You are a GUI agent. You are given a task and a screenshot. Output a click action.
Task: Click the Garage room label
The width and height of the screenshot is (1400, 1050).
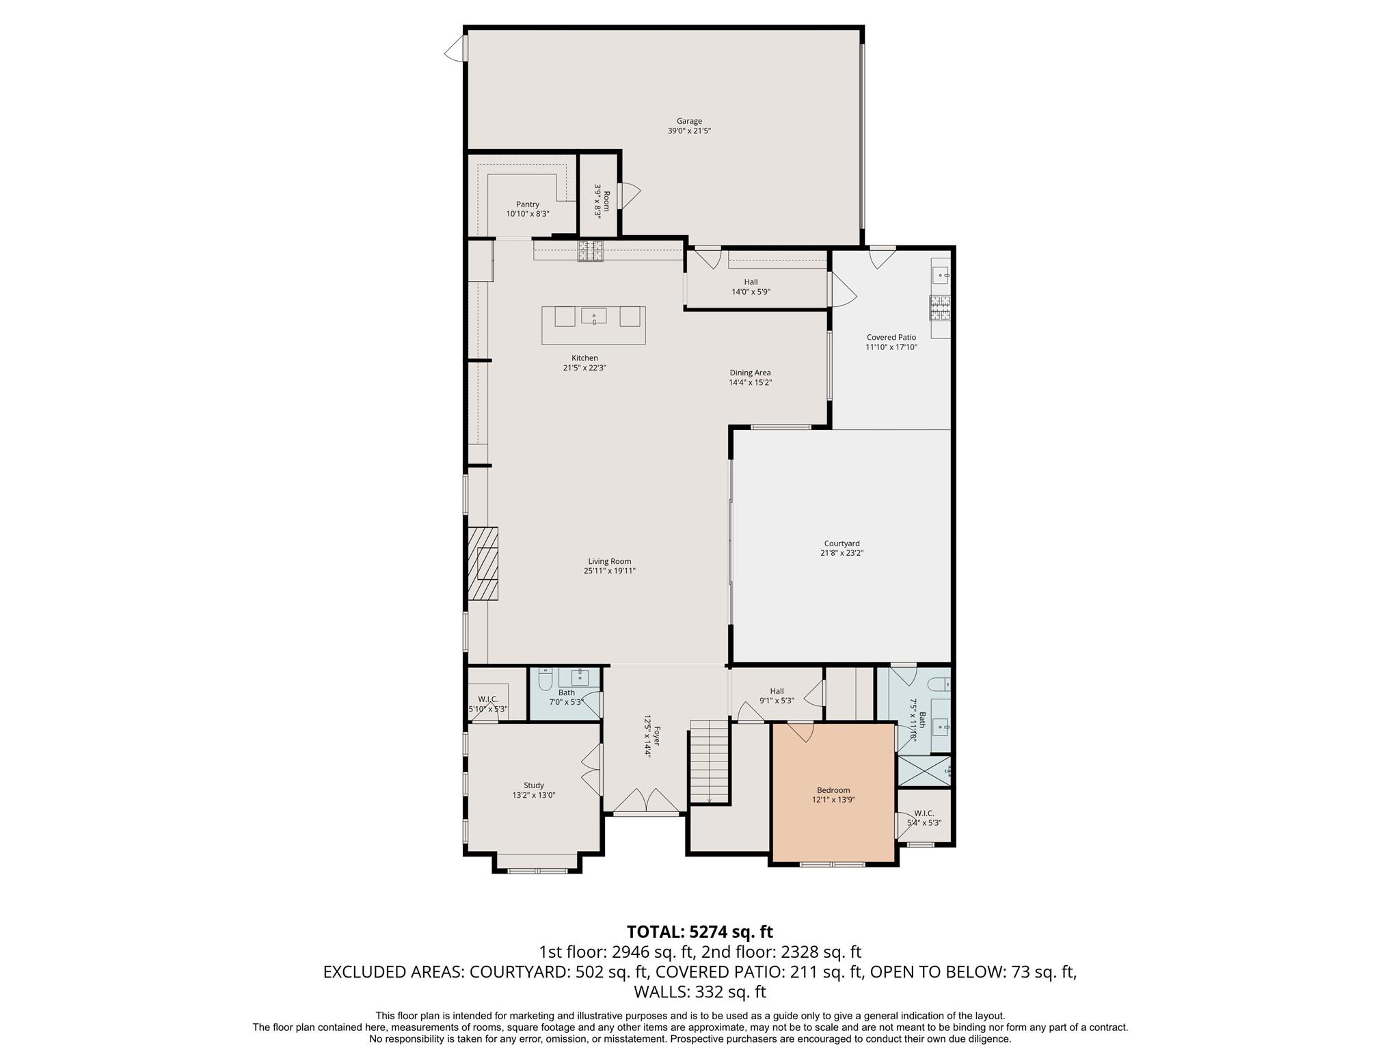689,122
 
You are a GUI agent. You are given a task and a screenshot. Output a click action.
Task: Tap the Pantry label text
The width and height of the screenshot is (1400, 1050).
528,204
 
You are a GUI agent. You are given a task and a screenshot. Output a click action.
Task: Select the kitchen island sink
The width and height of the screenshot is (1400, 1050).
594,316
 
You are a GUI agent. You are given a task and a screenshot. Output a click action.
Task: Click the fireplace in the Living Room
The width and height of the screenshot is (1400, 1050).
483,563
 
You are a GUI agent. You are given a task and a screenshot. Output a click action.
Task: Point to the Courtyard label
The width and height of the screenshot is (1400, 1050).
842,543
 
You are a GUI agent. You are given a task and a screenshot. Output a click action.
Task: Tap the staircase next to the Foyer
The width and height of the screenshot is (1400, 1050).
710,762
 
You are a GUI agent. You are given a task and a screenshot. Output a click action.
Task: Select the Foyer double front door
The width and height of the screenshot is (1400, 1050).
647,803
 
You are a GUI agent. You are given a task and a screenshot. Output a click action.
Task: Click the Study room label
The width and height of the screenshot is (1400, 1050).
534,785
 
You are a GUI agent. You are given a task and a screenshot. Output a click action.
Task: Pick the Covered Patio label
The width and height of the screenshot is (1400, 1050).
891,337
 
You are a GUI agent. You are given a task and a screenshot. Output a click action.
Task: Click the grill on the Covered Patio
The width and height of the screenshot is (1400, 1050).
940,308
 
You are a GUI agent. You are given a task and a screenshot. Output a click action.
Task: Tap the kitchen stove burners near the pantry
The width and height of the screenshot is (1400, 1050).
591,252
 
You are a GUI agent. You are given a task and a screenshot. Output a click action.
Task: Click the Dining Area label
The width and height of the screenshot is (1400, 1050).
750,373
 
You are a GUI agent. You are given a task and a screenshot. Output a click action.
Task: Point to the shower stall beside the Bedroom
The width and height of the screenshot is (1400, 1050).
924,770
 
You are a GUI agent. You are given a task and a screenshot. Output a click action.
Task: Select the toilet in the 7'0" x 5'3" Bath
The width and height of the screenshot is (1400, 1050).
545,679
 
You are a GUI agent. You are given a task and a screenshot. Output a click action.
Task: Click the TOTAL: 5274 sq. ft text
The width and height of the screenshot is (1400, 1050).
700,932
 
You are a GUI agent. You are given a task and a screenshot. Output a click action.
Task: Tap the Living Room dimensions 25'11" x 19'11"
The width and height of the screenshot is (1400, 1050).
610,571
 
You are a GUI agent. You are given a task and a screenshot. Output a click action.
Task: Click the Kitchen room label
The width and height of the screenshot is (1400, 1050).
584,358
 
